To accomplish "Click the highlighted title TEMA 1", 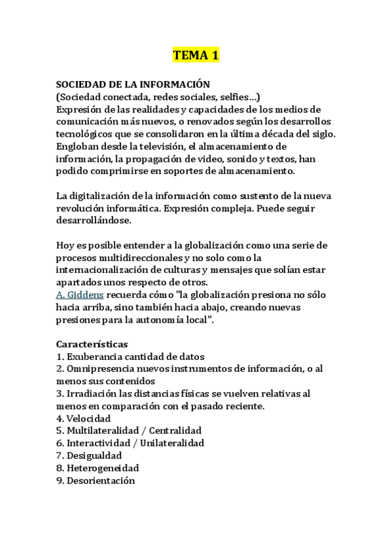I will (196, 56).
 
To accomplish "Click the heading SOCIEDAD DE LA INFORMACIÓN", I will (133, 84).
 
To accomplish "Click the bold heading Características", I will (92, 344).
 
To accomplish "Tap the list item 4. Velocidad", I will (84, 418).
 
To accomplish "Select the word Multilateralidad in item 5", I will (105, 431).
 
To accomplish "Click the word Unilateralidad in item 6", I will (171, 443).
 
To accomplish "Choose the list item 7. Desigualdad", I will (89, 456).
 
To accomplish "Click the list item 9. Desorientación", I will (96, 480).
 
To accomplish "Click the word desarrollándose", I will (94, 221).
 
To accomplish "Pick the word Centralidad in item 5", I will (177, 431).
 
